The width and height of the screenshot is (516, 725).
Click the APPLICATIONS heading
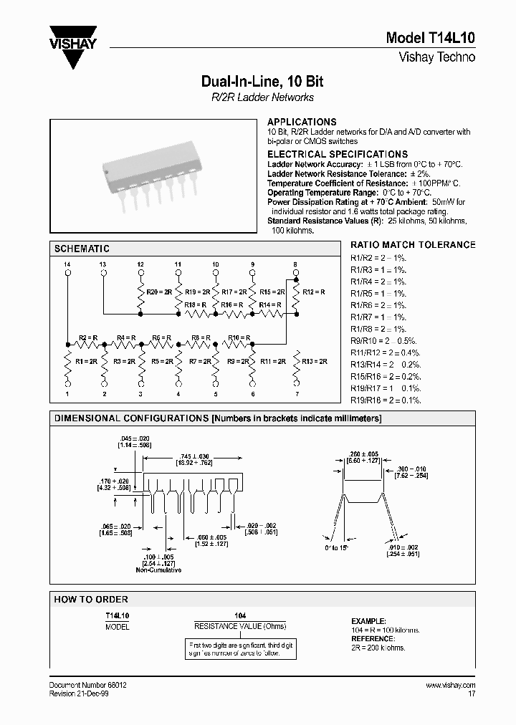(x=301, y=122)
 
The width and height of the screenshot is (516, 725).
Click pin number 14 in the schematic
(x=67, y=265)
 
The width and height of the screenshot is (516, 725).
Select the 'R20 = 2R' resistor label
(x=158, y=292)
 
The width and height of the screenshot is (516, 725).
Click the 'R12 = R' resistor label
(x=314, y=292)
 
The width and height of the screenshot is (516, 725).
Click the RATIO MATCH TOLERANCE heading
(x=413, y=245)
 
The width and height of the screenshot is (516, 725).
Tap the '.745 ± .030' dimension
(x=191, y=456)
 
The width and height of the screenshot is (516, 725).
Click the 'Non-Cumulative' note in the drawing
(x=158, y=570)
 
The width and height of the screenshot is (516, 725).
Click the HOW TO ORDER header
(x=91, y=599)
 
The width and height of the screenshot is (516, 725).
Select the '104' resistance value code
(x=240, y=615)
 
